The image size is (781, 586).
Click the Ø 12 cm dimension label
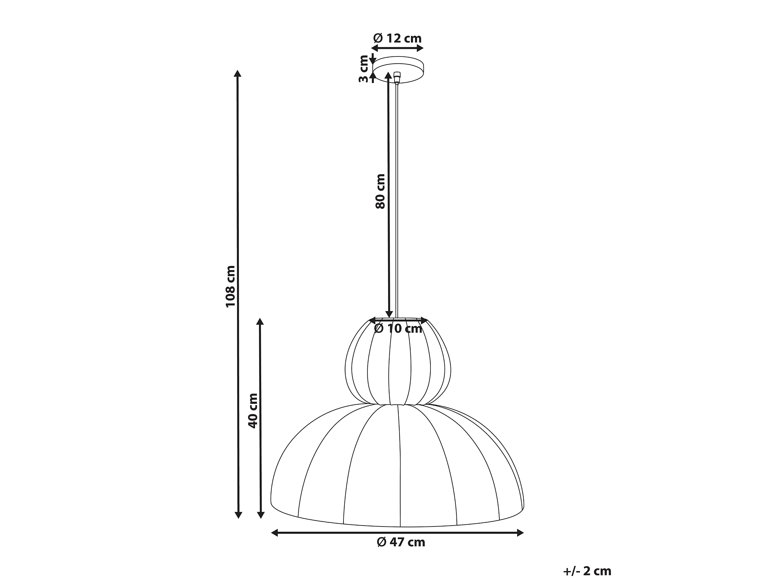pos(398,38)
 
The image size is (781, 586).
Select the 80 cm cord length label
pos(380,191)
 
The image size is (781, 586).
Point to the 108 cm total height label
pos(230,286)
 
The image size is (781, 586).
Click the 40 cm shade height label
pos(253,411)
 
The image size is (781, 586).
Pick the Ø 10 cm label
pos(398,328)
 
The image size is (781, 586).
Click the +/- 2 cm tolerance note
pos(587,571)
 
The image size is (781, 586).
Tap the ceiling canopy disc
pos(398,70)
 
